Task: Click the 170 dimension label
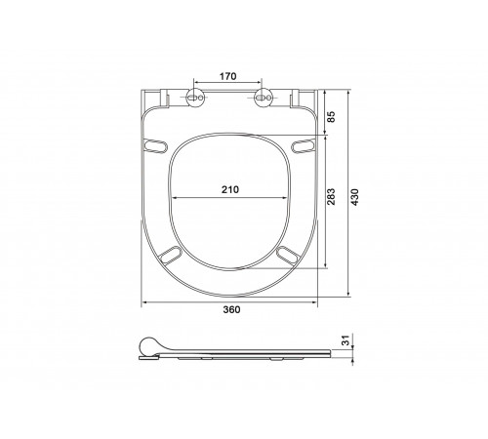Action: (x=227, y=76)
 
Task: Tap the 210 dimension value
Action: (x=230, y=189)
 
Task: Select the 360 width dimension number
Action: (x=231, y=309)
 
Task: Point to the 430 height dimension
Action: (x=354, y=197)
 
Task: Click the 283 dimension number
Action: (x=331, y=197)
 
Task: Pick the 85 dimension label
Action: (x=331, y=116)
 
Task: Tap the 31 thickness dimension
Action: (x=346, y=340)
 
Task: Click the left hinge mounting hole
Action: (x=195, y=98)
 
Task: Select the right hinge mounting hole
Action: (x=263, y=98)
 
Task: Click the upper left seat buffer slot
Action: (x=155, y=145)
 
